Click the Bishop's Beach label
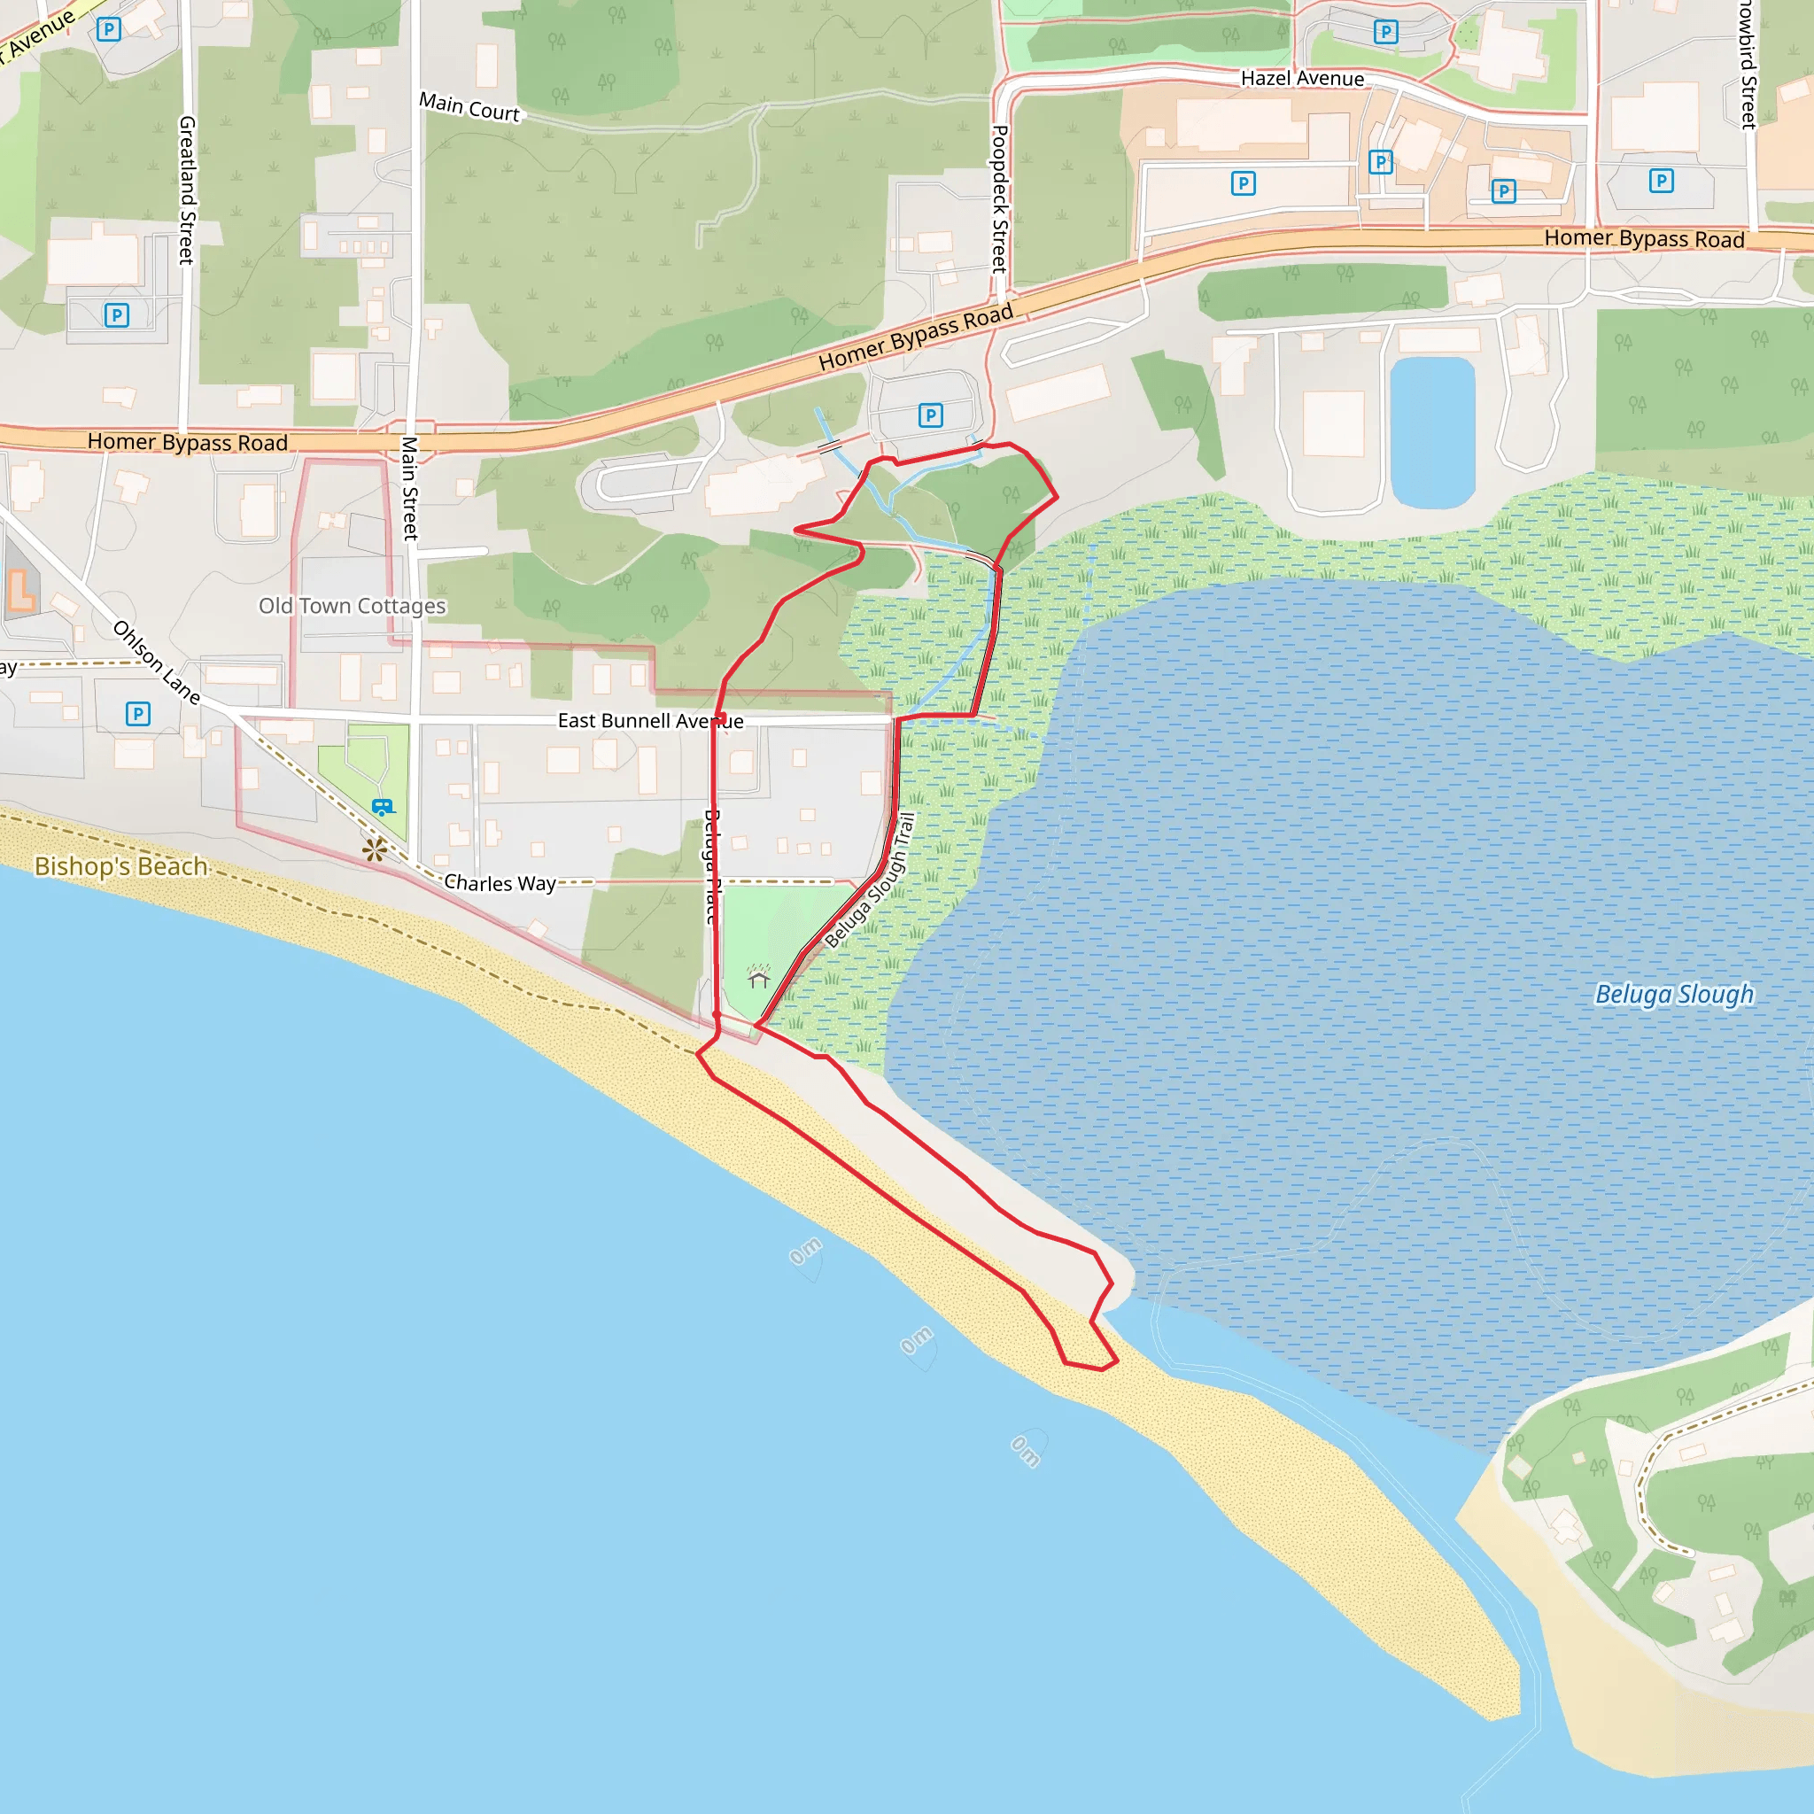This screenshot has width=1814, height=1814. tap(120, 865)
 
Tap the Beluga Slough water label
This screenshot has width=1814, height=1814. tap(1674, 994)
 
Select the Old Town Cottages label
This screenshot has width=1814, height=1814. tap(353, 606)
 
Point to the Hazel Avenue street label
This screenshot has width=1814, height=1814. tap(1302, 79)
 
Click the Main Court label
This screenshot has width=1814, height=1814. tap(469, 107)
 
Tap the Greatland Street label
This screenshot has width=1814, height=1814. tap(187, 190)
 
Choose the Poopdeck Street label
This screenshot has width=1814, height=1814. tap(1000, 199)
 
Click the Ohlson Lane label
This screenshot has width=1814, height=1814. tap(157, 662)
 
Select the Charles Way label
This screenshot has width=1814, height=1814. tap(500, 882)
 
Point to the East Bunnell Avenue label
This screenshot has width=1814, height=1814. tap(650, 721)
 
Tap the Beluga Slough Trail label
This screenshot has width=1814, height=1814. tap(870, 880)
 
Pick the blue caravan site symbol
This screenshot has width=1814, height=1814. tap(382, 807)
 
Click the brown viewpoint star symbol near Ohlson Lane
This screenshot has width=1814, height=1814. tap(374, 849)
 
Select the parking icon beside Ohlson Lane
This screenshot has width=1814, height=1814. tap(137, 714)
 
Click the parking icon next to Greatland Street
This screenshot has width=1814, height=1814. tap(116, 314)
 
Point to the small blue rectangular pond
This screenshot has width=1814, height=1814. tap(1432, 432)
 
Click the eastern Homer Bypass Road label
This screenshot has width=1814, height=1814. tap(1644, 238)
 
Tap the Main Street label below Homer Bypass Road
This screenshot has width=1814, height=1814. tap(409, 488)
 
